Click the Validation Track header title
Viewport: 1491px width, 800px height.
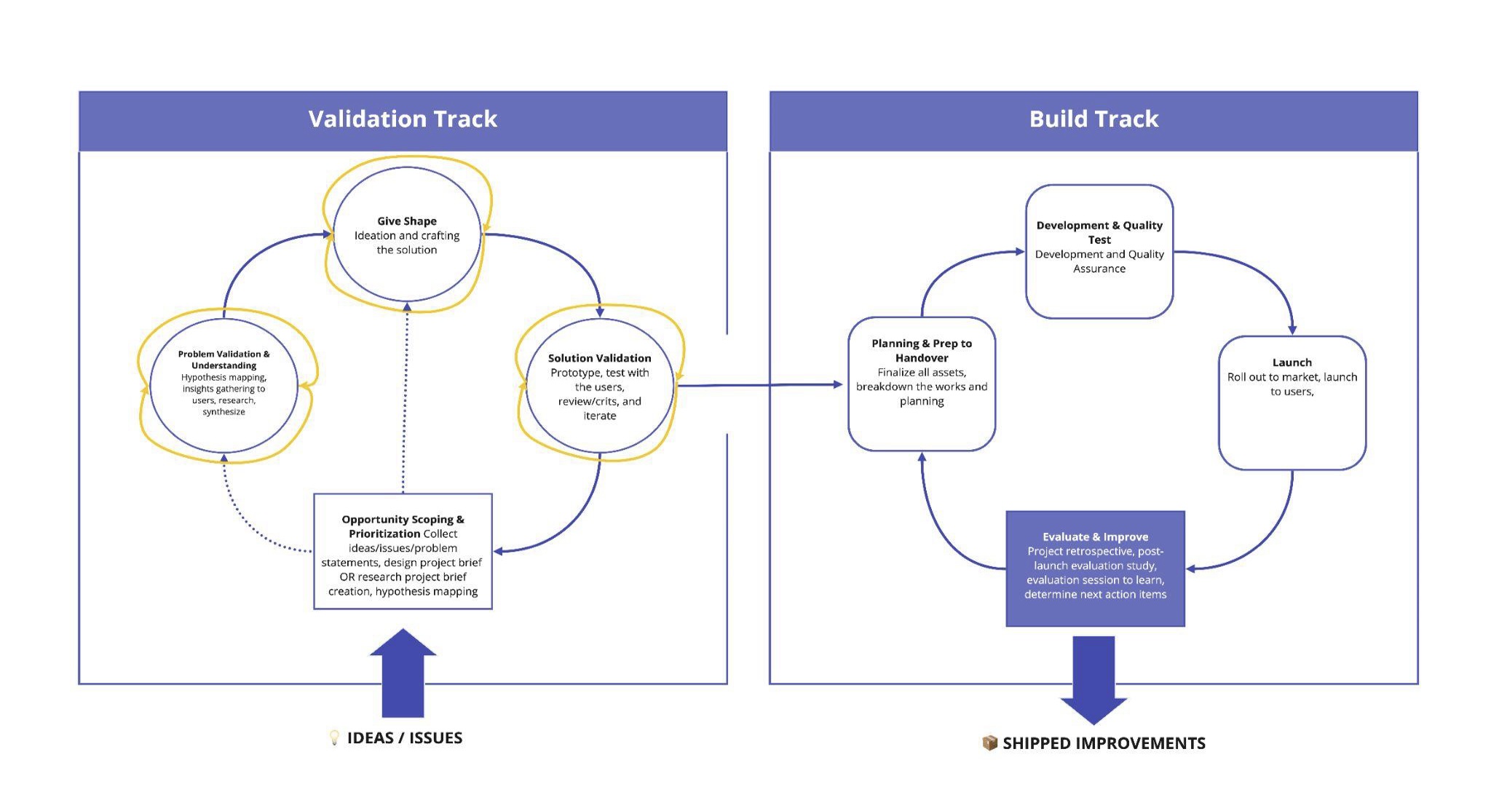[403, 119]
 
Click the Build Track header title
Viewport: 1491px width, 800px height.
[1093, 119]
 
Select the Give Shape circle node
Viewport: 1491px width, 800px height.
[406, 234]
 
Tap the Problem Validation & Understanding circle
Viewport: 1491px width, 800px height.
[224, 384]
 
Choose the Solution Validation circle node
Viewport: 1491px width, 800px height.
[599, 386]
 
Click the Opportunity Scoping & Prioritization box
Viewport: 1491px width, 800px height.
[403, 552]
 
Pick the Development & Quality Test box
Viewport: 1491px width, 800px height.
[1099, 251]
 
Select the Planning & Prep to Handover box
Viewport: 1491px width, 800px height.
[922, 384]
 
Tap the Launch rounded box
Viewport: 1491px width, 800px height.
[1292, 403]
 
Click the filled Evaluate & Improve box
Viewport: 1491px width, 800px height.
[1095, 569]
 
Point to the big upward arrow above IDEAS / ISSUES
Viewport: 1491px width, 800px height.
[403, 673]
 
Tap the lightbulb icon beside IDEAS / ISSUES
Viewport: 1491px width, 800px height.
[334, 737]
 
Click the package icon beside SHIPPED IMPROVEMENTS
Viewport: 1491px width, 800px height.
[989, 742]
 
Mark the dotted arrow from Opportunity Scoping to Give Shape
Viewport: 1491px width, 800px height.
[405, 400]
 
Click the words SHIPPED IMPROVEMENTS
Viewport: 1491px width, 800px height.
[1104, 743]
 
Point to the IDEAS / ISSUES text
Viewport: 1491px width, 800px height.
[405, 738]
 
